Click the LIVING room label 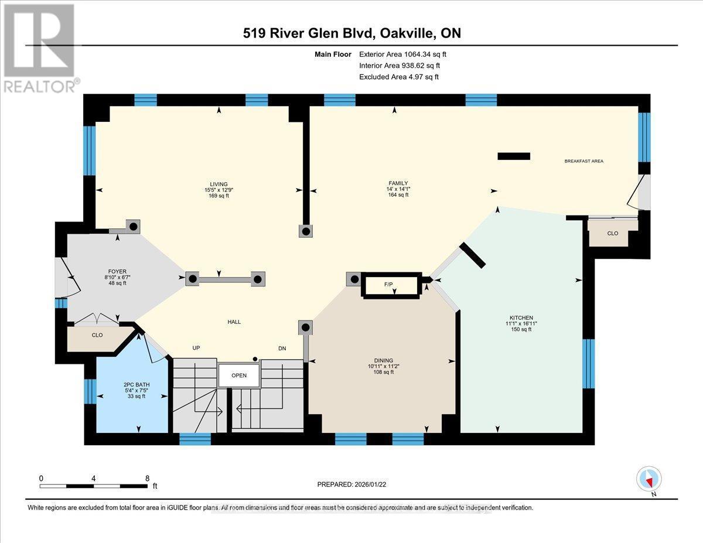coord(220,184)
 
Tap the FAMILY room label coord(398,183)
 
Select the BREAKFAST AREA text coord(583,161)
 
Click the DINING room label coord(384,360)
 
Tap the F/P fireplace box coord(388,285)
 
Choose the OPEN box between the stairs coord(239,375)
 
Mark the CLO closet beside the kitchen coord(612,233)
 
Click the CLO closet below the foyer coord(97,335)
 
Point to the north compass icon coord(649,479)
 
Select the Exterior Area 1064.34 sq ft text coord(407,54)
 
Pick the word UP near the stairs coord(197,348)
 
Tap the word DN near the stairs coord(282,348)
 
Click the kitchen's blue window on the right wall coord(589,364)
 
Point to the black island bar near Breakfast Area coord(514,156)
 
